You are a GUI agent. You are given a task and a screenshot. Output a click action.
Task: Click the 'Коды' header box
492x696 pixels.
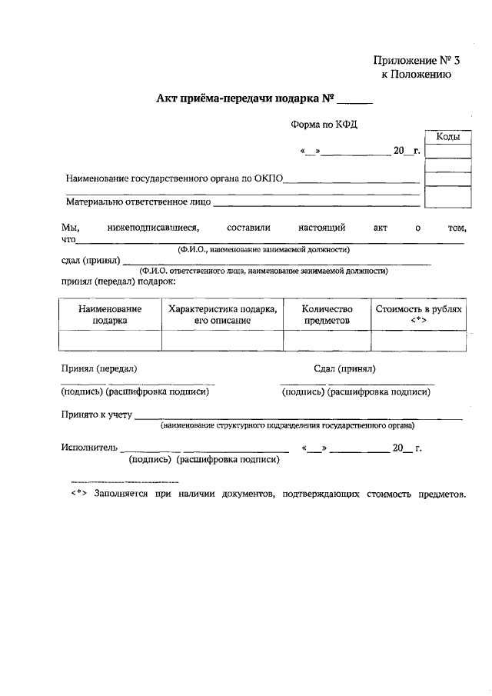click(447, 137)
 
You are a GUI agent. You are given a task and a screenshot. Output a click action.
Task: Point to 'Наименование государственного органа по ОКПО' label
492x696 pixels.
click(175, 178)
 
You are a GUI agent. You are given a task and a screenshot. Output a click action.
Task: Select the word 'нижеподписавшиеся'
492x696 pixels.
click(153, 228)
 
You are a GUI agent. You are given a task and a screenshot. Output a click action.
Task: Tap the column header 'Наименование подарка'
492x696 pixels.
click(110, 314)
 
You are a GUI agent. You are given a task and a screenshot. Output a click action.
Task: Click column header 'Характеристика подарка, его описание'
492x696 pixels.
click(222, 314)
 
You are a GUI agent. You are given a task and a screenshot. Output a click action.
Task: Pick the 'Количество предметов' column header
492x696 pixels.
click(327, 314)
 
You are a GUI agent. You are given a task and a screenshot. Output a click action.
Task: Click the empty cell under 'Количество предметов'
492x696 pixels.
click(327, 340)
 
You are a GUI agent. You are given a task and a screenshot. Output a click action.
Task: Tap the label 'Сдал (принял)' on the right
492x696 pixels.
click(344, 368)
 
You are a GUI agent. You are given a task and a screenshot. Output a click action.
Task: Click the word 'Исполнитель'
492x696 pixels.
click(88, 447)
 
